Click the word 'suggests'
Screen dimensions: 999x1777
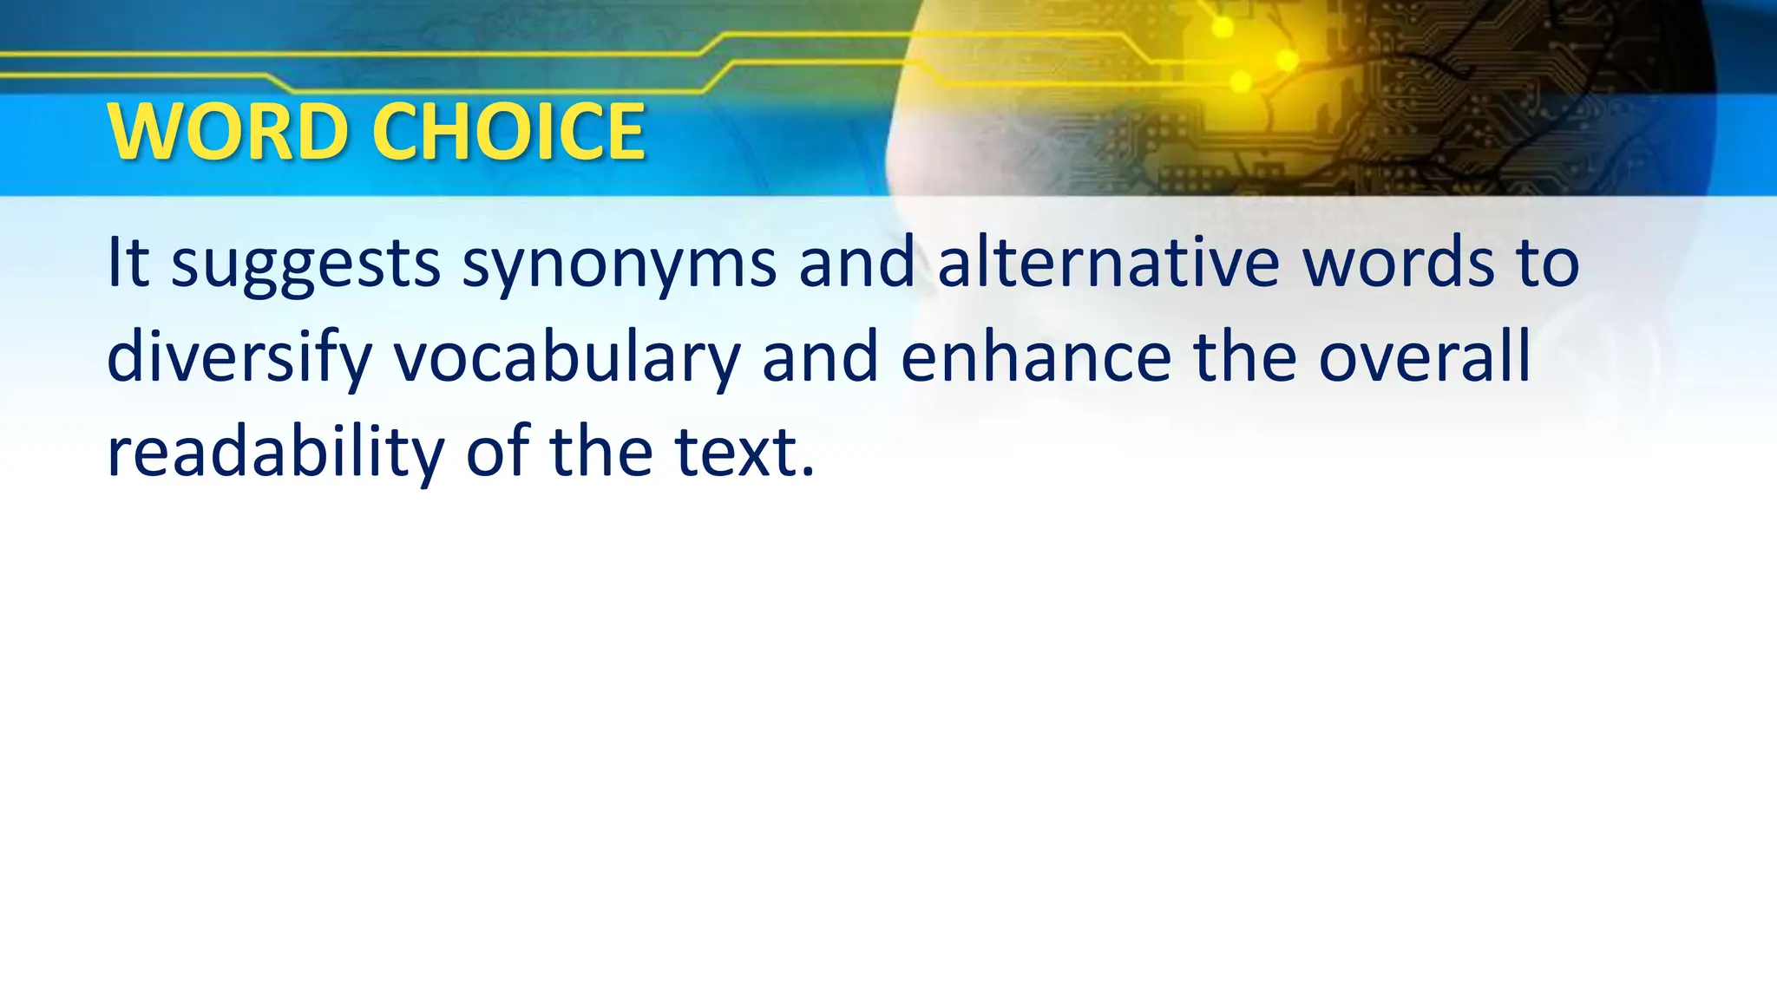pos(305,264)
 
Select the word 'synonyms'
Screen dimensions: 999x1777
pos(619,264)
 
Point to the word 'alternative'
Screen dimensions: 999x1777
pos(1108,262)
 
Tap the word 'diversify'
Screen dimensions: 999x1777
pos(239,357)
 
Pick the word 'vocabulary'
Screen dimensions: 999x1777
pos(567,357)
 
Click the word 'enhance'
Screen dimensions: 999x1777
pos(1036,357)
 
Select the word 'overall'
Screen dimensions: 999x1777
pos(1424,357)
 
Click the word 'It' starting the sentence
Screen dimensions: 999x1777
pos(128,262)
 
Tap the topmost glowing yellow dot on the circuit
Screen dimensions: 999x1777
pos(1223,28)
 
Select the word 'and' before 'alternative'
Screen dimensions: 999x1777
pos(856,262)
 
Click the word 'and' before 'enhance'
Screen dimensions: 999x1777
pos(820,357)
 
